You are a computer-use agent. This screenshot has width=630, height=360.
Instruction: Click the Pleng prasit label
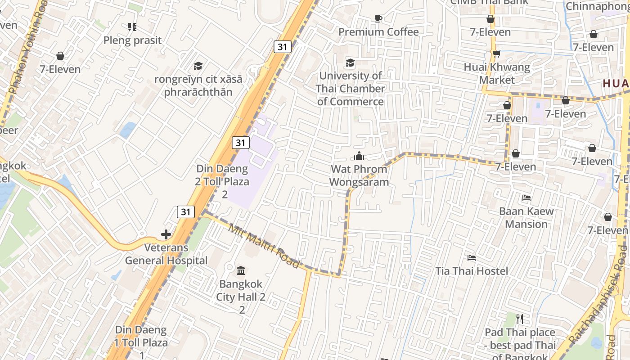point(132,40)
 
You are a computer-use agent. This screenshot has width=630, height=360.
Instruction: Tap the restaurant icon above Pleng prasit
point(132,27)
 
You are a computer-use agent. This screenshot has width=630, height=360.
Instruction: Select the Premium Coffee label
point(378,32)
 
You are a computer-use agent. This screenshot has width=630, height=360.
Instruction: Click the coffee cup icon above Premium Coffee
point(378,18)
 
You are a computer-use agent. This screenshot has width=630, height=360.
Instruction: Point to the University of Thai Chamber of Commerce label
point(350,89)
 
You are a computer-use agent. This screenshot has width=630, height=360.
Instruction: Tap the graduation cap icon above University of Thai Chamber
point(350,63)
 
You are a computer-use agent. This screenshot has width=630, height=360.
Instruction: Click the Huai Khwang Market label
point(497,73)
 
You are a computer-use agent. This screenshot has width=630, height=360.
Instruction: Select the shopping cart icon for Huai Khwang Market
point(497,54)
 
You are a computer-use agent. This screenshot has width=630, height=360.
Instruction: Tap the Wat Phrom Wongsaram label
point(359,175)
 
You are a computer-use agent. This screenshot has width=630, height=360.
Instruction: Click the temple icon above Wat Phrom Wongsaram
point(359,156)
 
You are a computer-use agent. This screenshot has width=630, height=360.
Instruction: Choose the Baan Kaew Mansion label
point(526,218)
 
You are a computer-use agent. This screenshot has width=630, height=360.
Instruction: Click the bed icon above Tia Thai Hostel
point(472,258)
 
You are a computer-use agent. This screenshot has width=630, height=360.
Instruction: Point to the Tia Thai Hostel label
point(472,271)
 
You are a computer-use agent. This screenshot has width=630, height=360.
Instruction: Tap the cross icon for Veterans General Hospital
point(166,234)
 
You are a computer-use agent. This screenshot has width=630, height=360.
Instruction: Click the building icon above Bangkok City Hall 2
point(241,271)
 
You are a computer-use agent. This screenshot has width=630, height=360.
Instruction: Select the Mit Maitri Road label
point(264,246)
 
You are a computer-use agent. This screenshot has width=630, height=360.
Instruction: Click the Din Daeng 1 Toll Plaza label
point(141,336)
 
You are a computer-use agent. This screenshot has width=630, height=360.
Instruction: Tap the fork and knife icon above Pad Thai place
point(520,319)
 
